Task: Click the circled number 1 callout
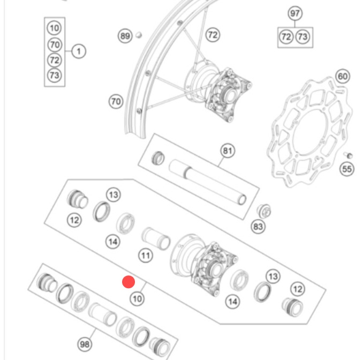click(x=79, y=51)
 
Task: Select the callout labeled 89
click(x=125, y=36)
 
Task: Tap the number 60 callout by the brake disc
click(x=342, y=77)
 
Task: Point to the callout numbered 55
click(x=347, y=170)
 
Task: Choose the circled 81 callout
click(x=227, y=152)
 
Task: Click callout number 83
click(x=258, y=227)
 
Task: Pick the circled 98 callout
click(x=85, y=344)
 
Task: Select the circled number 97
click(x=295, y=13)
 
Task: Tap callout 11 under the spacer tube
click(x=146, y=256)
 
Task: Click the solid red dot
click(x=128, y=282)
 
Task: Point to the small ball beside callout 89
click(x=139, y=35)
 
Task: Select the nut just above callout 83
click(x=264, y=209)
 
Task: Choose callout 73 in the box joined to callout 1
click(x=54, y=76)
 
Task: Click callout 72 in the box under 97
click(x=286, y=37)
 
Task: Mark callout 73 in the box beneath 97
click(x=303, y=37)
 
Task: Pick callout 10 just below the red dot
click(x=138, y=298)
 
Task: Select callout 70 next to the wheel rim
click(x=116, y=101)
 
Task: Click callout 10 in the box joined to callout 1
click(x=54, y=27)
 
